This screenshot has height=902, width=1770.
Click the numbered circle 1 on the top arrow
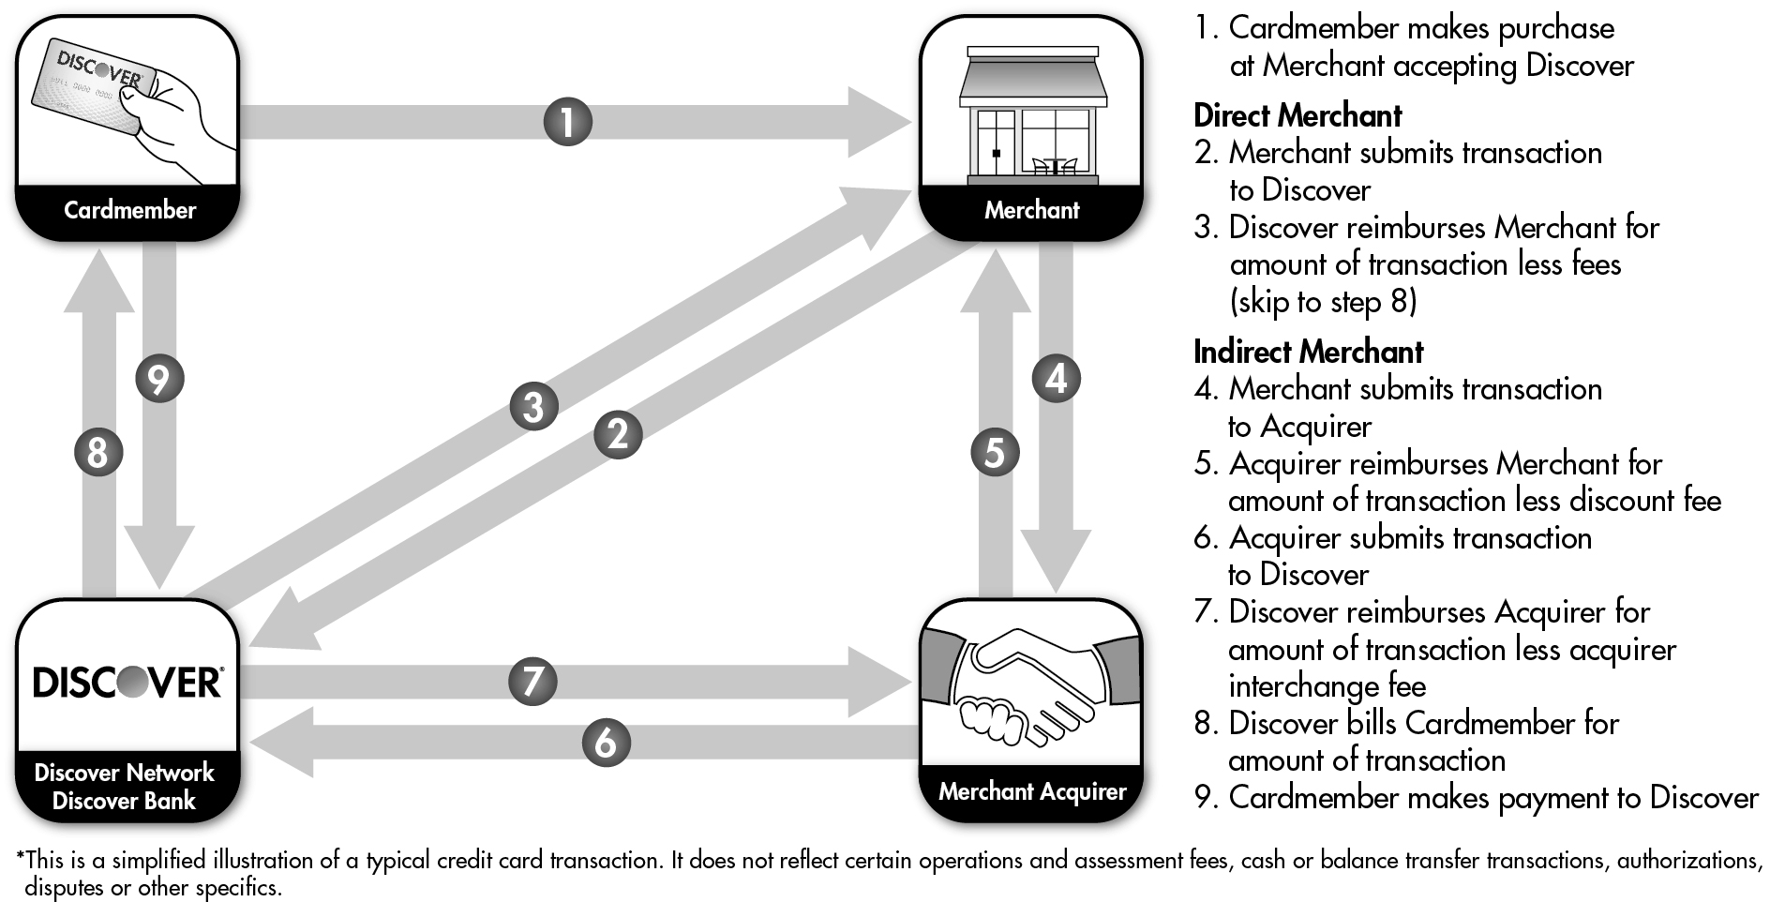click(567, 122)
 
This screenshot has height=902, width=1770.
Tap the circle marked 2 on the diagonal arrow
click(618, 434)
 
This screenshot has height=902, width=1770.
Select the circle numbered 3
click(533, 407)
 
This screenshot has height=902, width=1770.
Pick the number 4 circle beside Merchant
click(1057, 379)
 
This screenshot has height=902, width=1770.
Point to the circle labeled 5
click(995, 452)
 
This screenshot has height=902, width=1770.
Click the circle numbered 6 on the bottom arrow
click(607, 743)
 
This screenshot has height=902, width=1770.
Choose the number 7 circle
click(532, 681)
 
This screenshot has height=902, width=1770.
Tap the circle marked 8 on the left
click(97, 453)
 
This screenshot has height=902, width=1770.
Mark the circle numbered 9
click(159, 379)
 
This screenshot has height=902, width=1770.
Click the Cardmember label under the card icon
click(129, 210)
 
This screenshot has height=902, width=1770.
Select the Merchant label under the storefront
click(1031, 210)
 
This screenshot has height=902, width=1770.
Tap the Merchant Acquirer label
click(1031, 791)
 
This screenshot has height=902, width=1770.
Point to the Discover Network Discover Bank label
click(125, 787)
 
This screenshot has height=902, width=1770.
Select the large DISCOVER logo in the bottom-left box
click(127, 683)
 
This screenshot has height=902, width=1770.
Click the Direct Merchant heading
click(1297, 116)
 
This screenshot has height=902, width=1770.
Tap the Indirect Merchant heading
click(1308, 353)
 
